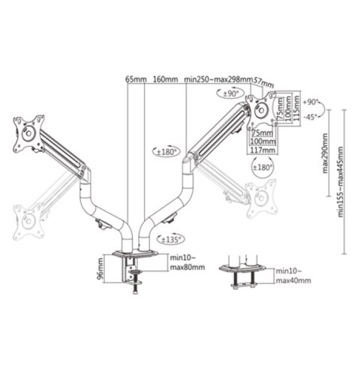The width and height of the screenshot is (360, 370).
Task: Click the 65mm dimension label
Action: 134,78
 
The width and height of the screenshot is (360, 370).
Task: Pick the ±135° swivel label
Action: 170,240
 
